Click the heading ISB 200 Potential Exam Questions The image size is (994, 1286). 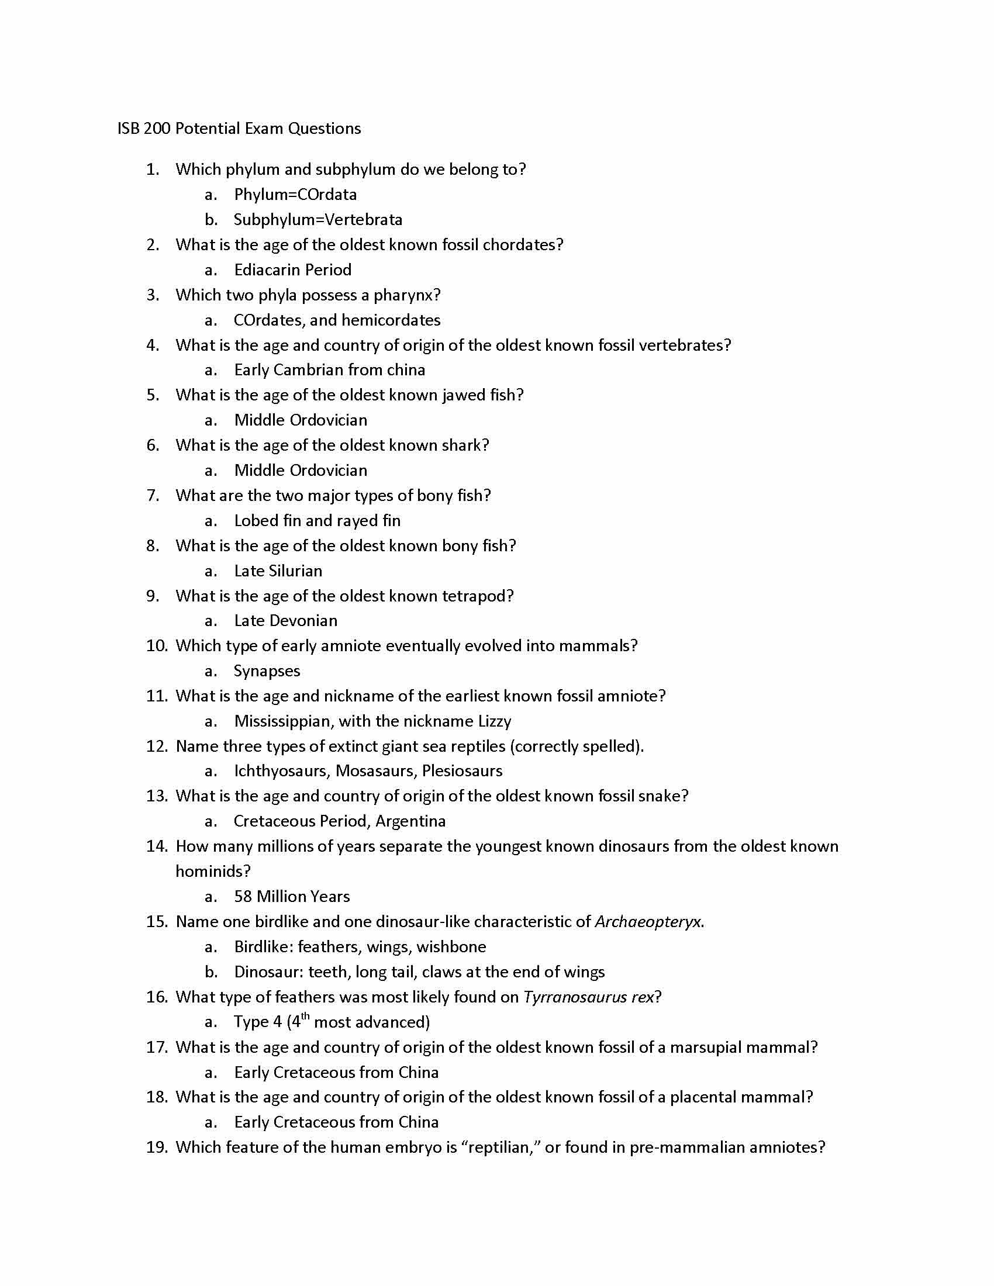[x=239, y=129]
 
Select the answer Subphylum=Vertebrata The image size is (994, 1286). [x=318, y=220]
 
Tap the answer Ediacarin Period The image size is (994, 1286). [x=293, y=269]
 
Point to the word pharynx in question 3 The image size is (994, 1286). [x=407, y=295]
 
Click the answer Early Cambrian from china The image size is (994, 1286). [x=330, y=370]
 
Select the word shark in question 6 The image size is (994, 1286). [x=465, y=445]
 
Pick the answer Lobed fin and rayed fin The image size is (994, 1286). [x=317, y=520]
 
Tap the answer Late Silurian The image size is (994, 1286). [x=278, y=571]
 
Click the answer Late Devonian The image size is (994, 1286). [x=285, y=621]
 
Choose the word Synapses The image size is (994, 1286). [x=267, y=670]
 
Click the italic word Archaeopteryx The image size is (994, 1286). [x=648, y=921]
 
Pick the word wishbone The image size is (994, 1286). [x=451, y=947]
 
